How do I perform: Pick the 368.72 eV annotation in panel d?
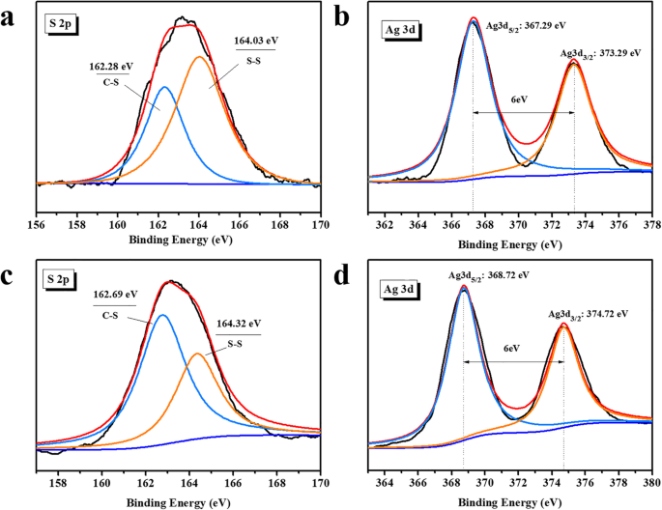point(488,275)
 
